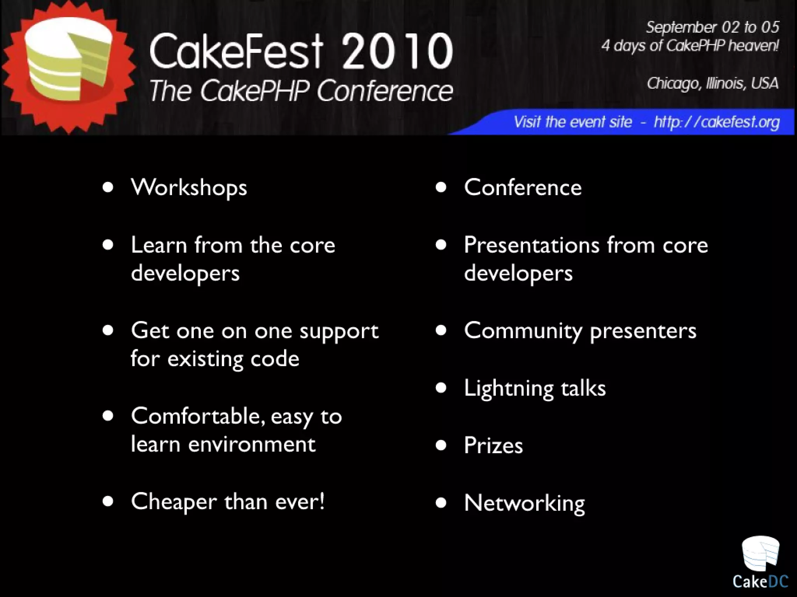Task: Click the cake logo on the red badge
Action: tap(68, 58)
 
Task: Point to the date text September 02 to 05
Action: tap(712, 27)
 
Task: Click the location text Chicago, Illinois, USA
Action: tap(712, 83)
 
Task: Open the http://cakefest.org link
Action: tap(716, 122)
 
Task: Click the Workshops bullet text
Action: tap(189, 188)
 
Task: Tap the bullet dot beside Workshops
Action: tap(108, 187)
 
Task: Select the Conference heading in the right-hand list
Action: tap(523, 188)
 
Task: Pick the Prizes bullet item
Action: tap(493, 445)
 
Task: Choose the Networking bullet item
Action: tap(524, 503)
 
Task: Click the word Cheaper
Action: tap(174, 502)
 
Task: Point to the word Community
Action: tap(523, 331)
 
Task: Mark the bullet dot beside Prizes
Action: tap(441, 445)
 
